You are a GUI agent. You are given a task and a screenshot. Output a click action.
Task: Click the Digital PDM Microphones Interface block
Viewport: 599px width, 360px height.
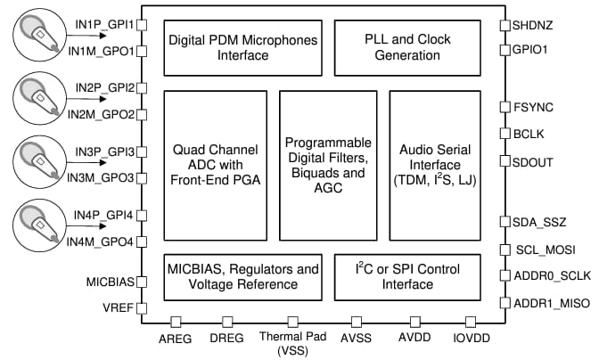pyautogui.click(x=243, y=47)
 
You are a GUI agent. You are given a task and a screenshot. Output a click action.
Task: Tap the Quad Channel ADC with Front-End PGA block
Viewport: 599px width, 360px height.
pyautogui.click(x=216, y=166)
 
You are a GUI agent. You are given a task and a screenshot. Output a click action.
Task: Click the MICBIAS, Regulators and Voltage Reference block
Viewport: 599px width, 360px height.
pyautogui.click(x=243, y=276)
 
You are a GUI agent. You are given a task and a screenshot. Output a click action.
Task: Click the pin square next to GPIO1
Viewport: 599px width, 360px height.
pyautogui.click(x=505, y=50)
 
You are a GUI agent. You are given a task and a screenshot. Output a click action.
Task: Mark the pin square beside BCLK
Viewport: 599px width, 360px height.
pyautogui.click(x=505, y=135)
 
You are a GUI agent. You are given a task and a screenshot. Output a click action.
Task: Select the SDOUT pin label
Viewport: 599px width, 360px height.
pyautogui.click(x=535, y=162)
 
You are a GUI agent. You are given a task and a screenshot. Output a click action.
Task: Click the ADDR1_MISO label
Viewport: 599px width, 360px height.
pyautogui.click(x=551, y=303)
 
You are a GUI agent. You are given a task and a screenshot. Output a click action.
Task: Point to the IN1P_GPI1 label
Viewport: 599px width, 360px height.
pyautogui.click(x=102, y=24)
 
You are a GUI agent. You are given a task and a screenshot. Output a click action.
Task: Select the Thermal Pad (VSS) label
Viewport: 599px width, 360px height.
pyautogui.click(x=290, y=344)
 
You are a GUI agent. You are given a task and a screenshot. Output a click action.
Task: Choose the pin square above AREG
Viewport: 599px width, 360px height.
pyautogui.click(x=176, y=322)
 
